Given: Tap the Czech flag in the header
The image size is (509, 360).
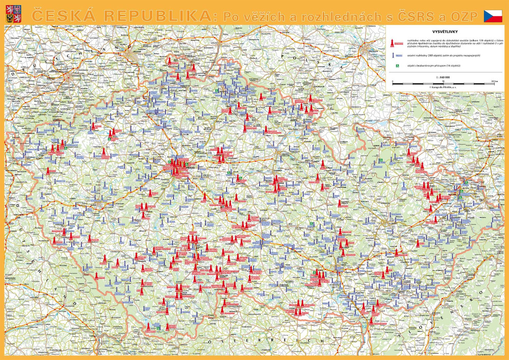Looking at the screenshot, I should (x=493, y=16).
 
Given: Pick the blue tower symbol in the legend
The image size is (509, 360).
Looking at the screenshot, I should (x=393, y=55).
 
